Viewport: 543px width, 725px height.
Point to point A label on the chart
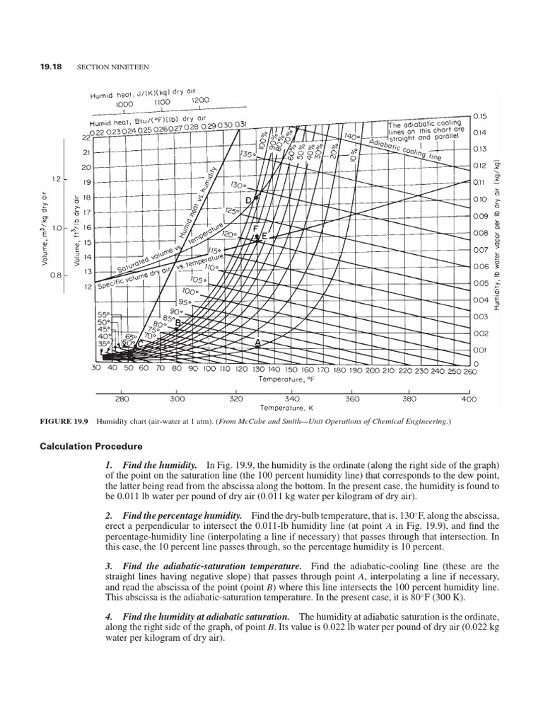(257, 342)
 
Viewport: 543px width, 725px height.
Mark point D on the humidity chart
(249, 200)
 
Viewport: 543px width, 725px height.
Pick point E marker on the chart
(264, 236)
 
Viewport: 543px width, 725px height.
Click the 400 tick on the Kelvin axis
(468, 399)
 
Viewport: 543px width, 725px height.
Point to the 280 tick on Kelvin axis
(121, 399)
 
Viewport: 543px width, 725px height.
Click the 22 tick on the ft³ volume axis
(87, 137)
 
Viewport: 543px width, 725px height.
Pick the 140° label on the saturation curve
(351, 135)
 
